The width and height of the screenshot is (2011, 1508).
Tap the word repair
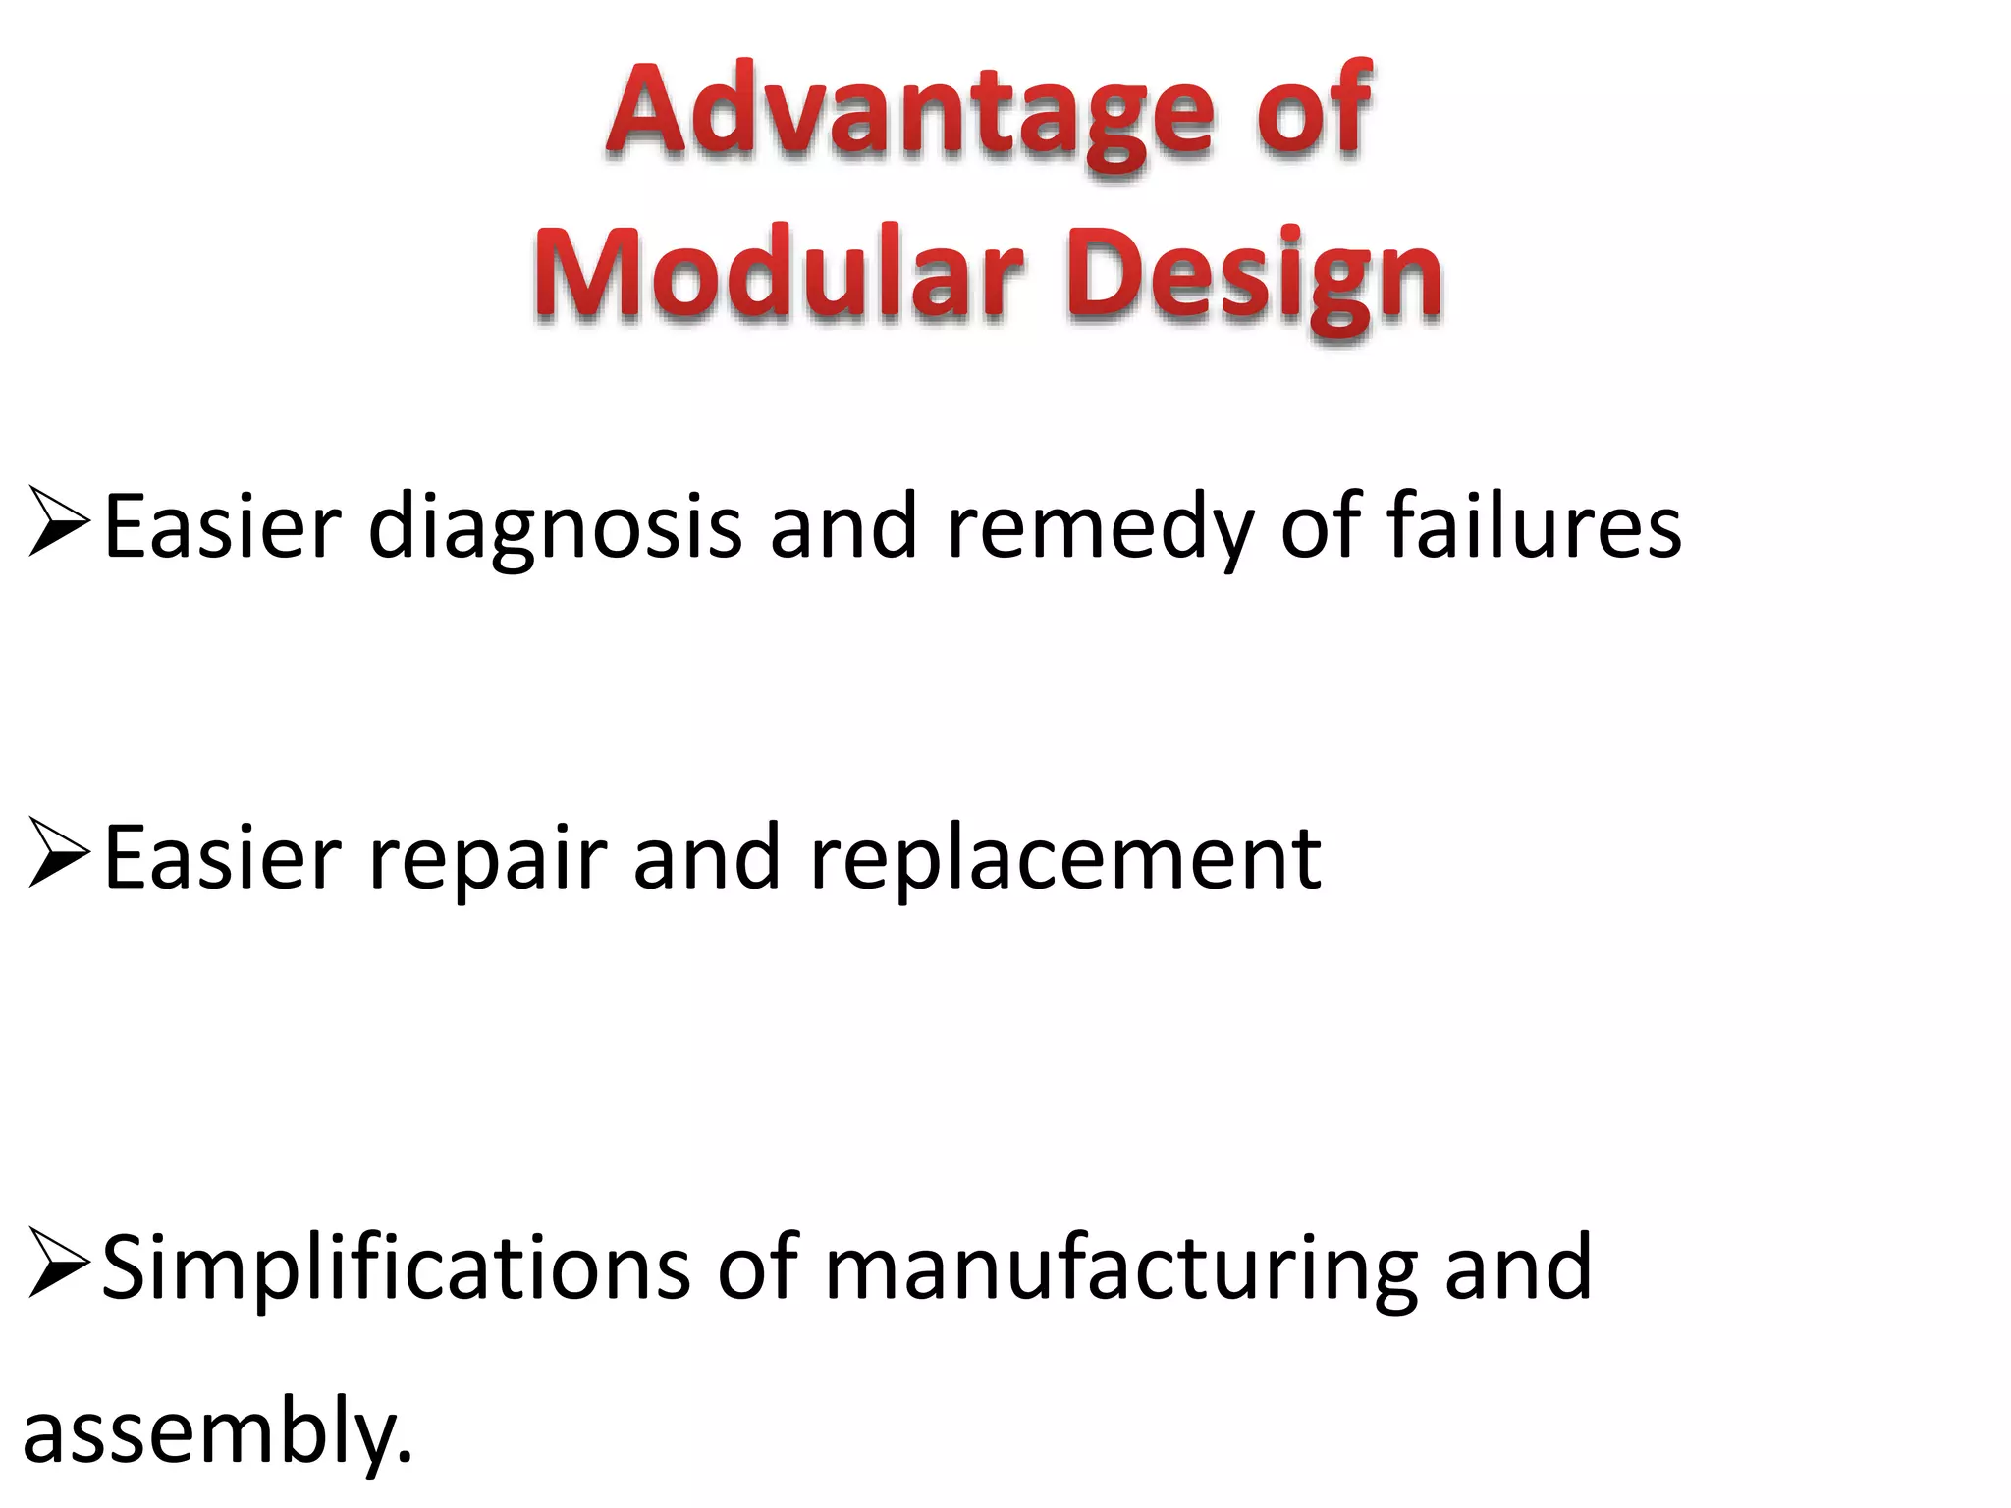(487, 860)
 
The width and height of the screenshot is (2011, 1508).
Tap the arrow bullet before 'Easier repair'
(59, 853)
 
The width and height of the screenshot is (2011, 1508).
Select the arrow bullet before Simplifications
(59, 1263)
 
